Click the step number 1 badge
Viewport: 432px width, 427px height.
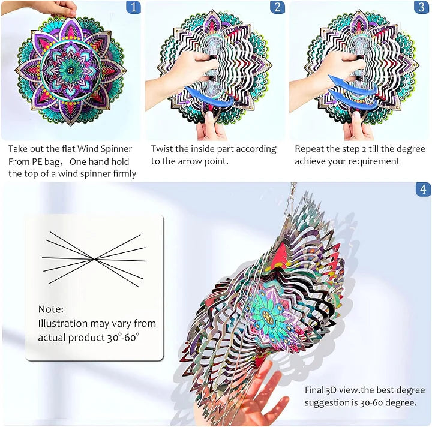pyautogui.click(x=133, y=8)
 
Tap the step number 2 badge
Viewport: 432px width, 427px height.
pyautogui.click(x=277, y=8)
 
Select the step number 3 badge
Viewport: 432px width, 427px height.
pyautogui.click(x=421, y=8)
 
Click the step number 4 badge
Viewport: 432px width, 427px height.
pyautogui.click(x=423, y=190)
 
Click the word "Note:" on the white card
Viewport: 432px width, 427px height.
pyautogui.click(x=50, y=309)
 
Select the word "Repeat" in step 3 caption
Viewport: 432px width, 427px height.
pyautogui.click(x=310, y=149)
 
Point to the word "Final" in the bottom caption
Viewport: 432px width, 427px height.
pyautogui.click(x=316, y=390)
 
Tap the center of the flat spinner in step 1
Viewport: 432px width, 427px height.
pyautogui.click(x=71, y=70)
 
